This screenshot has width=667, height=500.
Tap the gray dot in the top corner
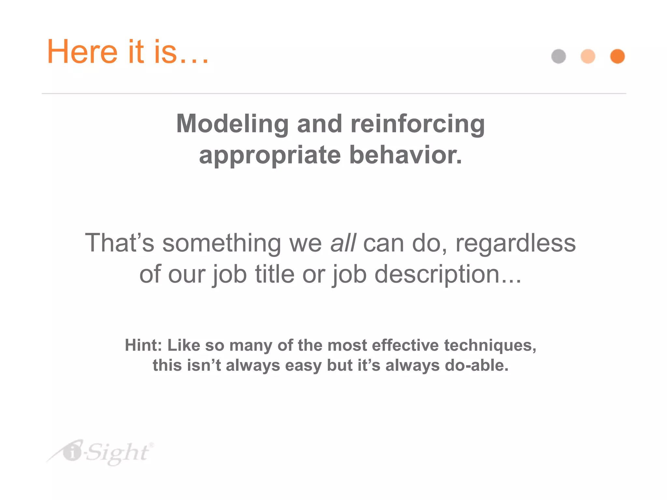pyautogui.click(x=559, y=56)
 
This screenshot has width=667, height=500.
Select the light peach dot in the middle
pyautogui.click(x=588, y=56)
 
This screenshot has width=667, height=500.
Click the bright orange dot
pyautogui.click(x=617, y=56)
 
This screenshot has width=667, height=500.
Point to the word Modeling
pyautogui.click(x=232, y=124)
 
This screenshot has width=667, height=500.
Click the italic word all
pyautogui.click(x=343, y=243)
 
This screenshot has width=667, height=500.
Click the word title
pyautogui.click(x=275, y=274)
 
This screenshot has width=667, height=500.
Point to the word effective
pyautogui.click(x=405, y=345)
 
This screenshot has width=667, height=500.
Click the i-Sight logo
pyautogui.click(x=101, y=452)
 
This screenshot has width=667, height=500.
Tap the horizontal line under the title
pyautogui.click(x=333, y=93)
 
